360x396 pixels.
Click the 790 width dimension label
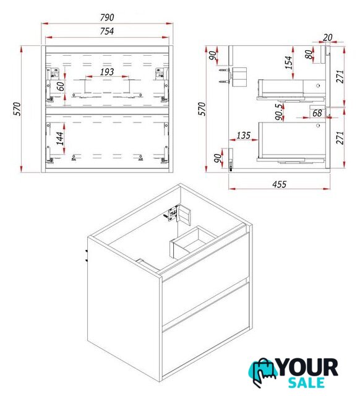[107, 17]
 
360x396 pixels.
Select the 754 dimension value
[107, 32]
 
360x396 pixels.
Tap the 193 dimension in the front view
[107, 72]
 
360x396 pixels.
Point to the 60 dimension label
[61, 87]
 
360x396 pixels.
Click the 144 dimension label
[60, 139]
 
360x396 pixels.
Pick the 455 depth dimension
[280, 184]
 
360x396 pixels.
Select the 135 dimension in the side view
[244, 136]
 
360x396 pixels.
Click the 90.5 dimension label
[279, 112]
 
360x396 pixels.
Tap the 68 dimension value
[317, 113]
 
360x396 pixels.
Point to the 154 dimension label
[288, 62]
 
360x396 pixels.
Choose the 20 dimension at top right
[328, 37]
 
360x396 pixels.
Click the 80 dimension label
[309, 54]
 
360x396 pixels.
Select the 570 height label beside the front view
[17, 109]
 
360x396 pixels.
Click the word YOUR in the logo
[308, 368]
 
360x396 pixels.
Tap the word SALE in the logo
[306, 382]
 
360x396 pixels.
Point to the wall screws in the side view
[224, 75]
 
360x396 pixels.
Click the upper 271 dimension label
[341, 77]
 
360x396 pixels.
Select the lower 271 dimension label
[341, 137]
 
